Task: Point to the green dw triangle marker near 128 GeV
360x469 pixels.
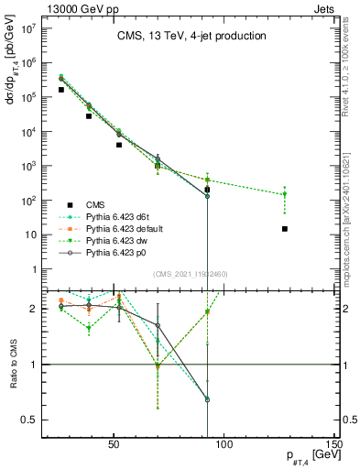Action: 285,194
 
